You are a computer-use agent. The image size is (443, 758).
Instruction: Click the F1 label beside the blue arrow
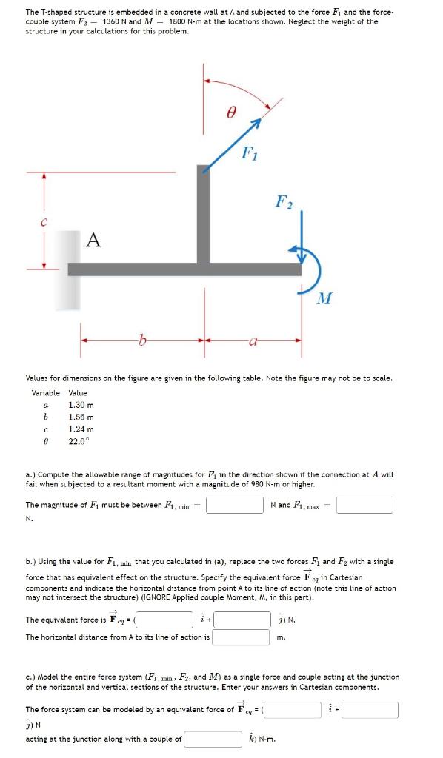click(250, 153)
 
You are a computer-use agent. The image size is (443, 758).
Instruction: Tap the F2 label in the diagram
click(284, 201)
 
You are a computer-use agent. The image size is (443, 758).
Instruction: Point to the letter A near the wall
click(93, 239)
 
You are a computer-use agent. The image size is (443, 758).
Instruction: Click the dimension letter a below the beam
click(253, 341)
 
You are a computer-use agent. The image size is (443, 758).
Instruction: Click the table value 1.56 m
click(80, 417)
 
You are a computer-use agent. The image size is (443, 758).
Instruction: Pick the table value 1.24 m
click(80, 429)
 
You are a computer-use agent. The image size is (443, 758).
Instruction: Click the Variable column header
click(46, 393)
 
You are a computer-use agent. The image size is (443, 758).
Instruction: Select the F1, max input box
click(364, 505)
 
